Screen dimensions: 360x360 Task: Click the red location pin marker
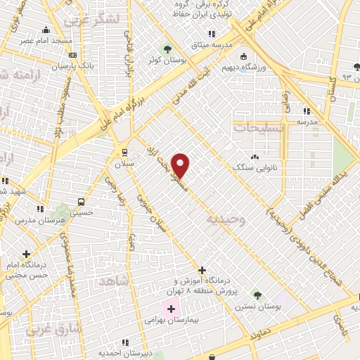point(181,165)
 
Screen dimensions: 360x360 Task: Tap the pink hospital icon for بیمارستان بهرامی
point(171,309)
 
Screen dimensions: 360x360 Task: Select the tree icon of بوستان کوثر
point(167,48)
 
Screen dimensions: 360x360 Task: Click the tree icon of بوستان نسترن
point(257,295)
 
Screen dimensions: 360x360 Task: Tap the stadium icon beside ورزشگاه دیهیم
point(243,57)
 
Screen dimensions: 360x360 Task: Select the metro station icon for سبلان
point(124,152)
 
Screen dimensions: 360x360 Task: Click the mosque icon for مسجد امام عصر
point(46,30)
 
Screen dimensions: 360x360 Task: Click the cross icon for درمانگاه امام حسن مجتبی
point(26,254)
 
